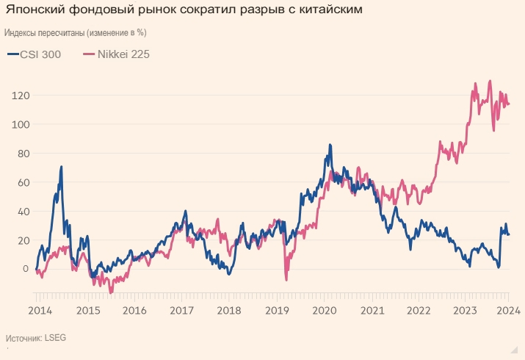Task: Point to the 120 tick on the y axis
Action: click(20, 96)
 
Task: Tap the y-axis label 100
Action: click(20, 124)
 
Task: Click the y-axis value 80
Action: click(23, 154)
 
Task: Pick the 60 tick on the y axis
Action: click(23, 182)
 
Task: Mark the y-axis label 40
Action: click(23, 211)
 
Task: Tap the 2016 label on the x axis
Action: click(134, 311)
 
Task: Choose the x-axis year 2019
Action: click(277, 311)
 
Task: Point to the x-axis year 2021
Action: click(372, 311)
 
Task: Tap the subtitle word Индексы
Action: click(23, 34)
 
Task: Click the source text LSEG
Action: click(55, 339)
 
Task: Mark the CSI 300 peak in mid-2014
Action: click(62, 167)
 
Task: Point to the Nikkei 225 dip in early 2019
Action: click(286, 280)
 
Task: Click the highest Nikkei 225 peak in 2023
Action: click(490, 81)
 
